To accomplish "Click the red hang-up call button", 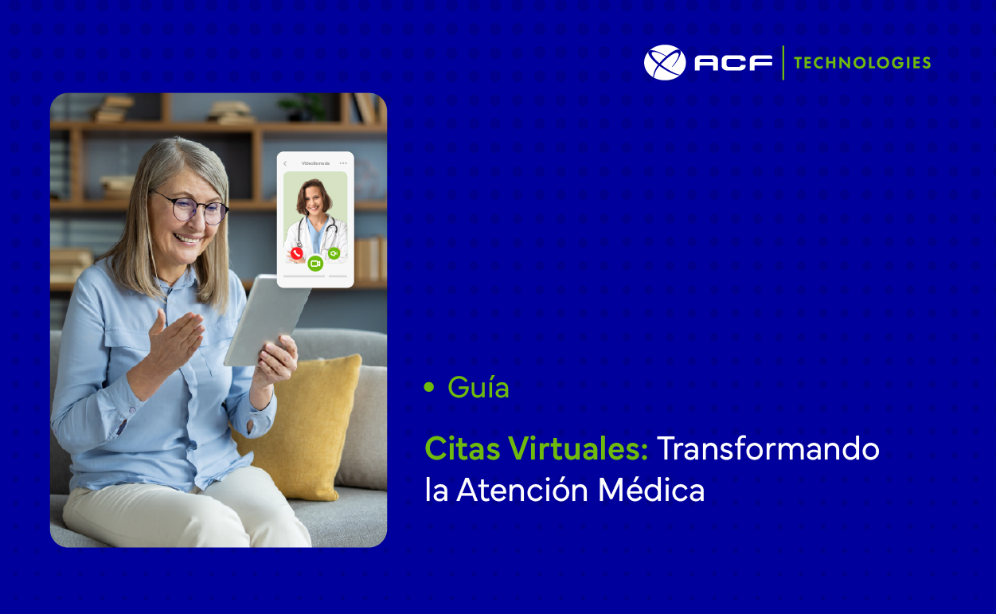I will (297, 253).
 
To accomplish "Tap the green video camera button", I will (315, 263).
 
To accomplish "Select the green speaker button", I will (334, 253).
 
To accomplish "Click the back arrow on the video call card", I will (285, 163).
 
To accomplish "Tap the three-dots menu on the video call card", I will (343, 163).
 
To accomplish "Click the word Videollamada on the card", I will (315, 163).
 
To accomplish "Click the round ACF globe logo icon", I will (664, 62).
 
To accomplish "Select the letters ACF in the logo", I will (732, 63).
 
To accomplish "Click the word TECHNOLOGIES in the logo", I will (862, 63).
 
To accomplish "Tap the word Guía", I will (478, 388).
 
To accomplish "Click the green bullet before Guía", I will (430, 388).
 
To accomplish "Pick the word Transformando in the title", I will (768, 449).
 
